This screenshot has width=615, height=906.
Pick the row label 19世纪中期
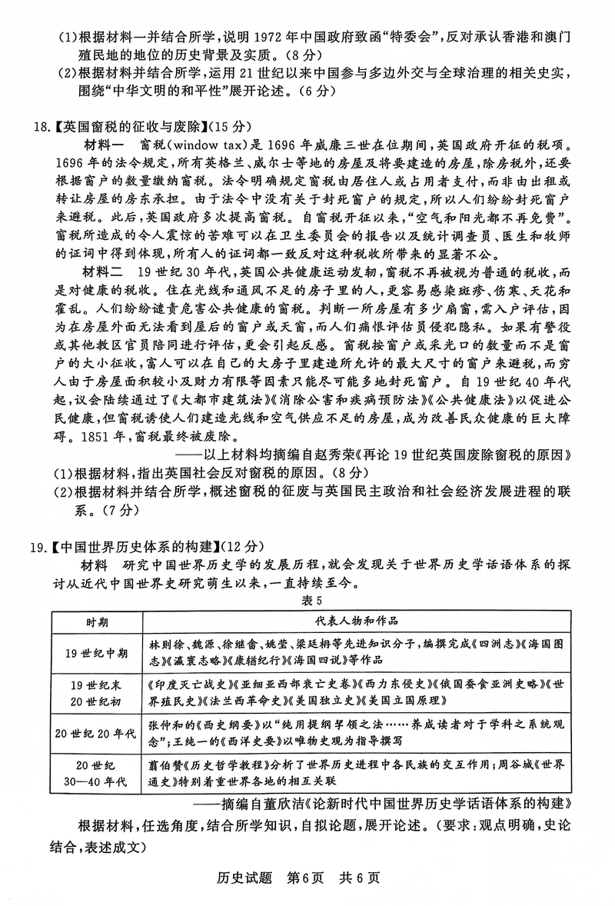[96, 652]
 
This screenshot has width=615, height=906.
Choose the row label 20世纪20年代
[96, 733]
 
